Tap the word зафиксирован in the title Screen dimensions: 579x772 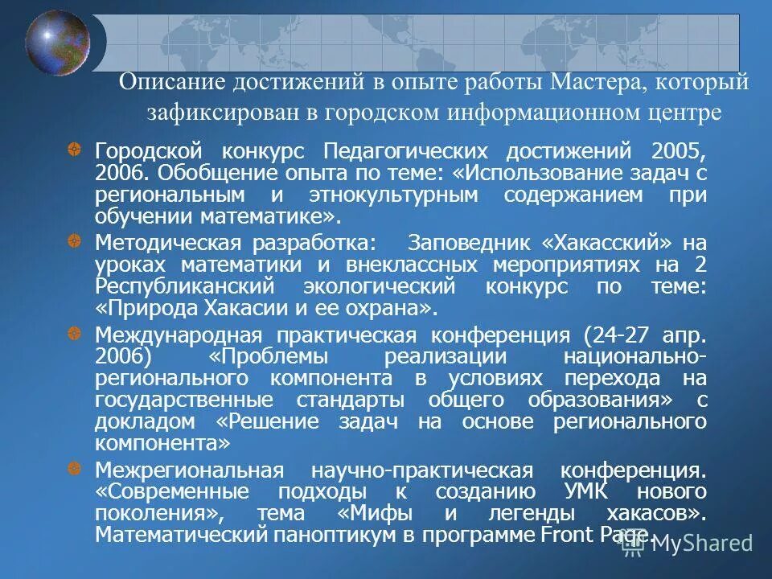pos(207,113)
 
